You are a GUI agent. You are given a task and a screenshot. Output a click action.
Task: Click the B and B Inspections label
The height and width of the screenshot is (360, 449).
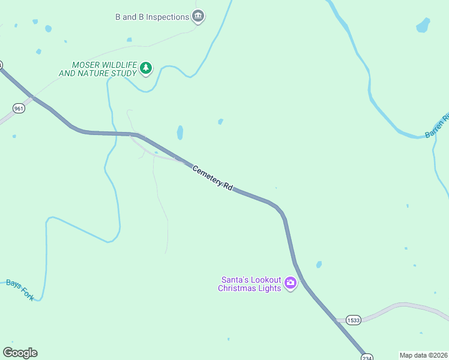pyautogui.click(x=152, y=17)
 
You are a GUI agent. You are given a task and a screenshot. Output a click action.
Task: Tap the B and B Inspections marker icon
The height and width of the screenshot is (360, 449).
pyautogui.click(x=198, y=16)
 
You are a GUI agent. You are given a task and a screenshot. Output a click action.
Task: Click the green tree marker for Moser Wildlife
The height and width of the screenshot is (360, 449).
pyautogui.click(x=146, y=68)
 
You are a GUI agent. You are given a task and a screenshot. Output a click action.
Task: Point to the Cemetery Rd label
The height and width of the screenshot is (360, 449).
pyautogui.click(x=212, y=178)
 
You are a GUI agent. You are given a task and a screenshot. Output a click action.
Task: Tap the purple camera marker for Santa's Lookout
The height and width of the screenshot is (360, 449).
pyautogui.click(x=291, y=283)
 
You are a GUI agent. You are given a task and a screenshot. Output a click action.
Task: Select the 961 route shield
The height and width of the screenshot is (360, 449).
pyautogui.click(x=19, y=108)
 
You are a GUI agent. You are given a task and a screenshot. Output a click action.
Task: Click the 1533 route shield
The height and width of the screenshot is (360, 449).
pyautogui.click(x=354, y=320)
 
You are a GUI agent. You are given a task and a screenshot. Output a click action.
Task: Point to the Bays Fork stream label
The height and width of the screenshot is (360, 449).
pyautogui.click(x=20, y=290)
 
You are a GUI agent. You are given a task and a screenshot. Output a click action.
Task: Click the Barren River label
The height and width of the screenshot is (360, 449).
pyautogui.click(x=436, y=127)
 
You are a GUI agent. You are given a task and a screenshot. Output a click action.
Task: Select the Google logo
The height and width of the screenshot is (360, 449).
pyautogui.click(x=20, y=353)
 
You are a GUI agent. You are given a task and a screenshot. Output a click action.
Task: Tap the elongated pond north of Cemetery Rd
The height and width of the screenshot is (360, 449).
pyautogui.click(x=180, y=132)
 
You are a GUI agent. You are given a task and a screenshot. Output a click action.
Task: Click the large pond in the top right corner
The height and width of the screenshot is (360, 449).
pyautogui.click(x=423, y=25)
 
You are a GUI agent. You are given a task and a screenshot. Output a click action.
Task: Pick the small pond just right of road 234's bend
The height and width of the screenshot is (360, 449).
pyautogui.click(x=319, y=264)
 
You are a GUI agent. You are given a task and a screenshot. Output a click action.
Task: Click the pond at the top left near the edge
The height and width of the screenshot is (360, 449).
pyautogui.click(x=47, y=28)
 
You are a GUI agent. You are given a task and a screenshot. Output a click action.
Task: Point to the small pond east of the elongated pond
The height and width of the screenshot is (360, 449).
pyautogui.click(x=220, y=122)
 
